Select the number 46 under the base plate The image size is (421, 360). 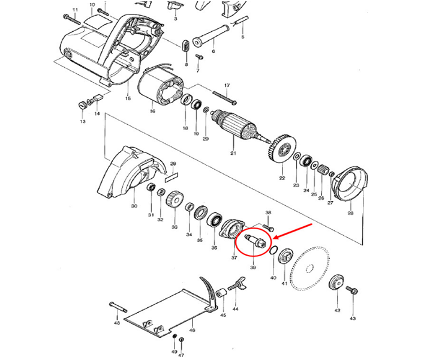pos(192,330)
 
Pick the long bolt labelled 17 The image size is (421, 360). pos(222,95)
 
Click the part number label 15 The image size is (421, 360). pos(127,98)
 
